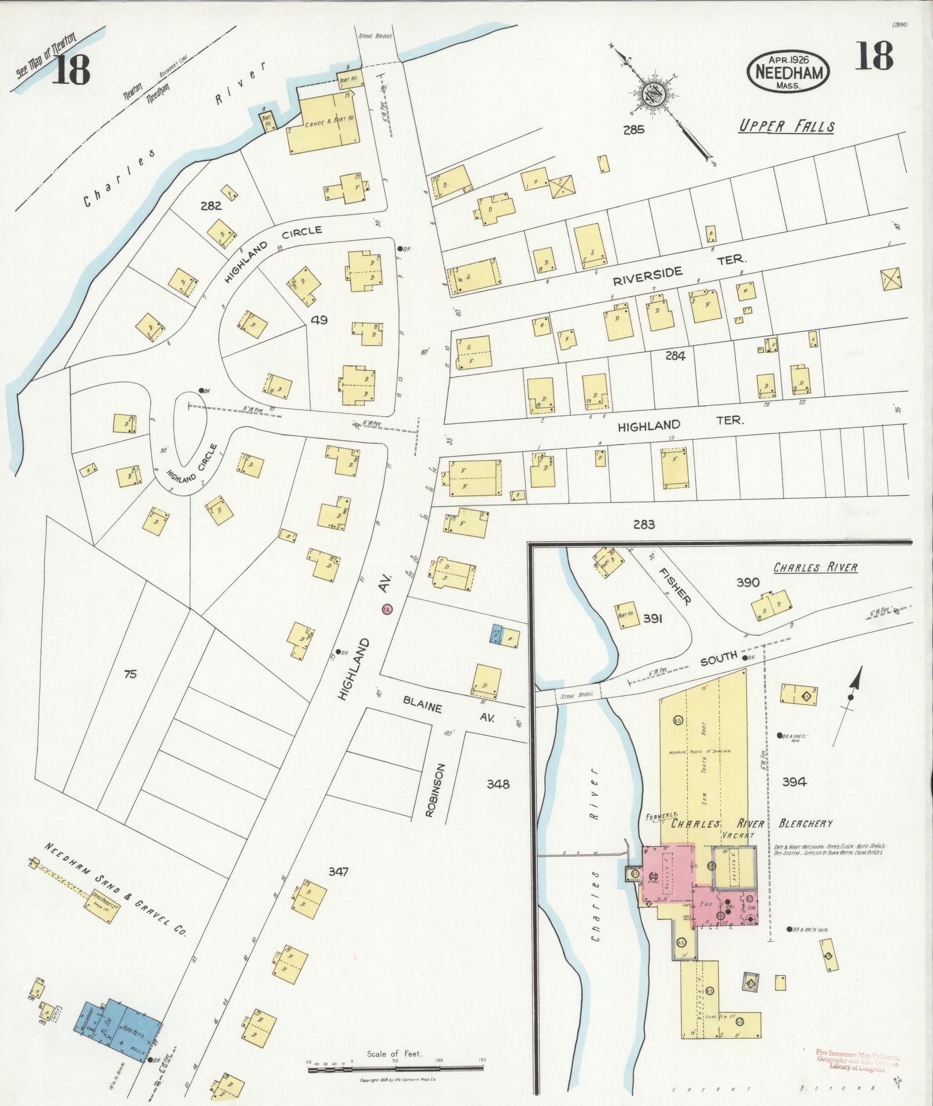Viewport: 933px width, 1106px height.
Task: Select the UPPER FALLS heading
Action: pyautogui.click(x=786, y=127)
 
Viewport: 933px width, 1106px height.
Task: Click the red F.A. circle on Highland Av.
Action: pyautogui.click(x=387, y=609)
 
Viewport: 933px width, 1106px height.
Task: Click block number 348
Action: pyautogui.click(x=498, y=784)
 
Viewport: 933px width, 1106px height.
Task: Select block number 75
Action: pyautogui.click(x=130, y=674)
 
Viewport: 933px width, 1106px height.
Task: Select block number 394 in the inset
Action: pyautogui.click(x=794, y=782)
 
